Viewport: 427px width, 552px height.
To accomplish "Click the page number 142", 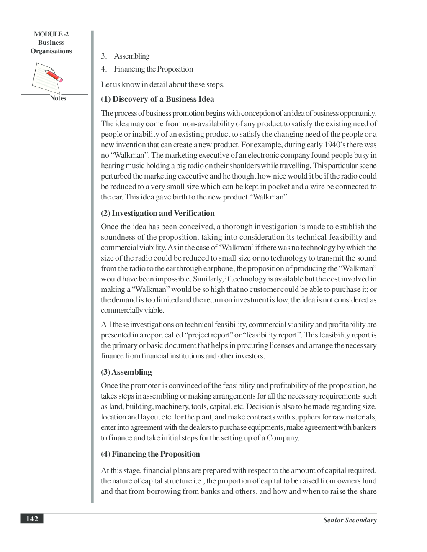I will click(32, 519).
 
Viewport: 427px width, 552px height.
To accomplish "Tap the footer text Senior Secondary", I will click(350, 520).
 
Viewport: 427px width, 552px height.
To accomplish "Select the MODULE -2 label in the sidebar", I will click(51, 34).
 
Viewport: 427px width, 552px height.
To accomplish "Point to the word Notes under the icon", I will click(58, 98).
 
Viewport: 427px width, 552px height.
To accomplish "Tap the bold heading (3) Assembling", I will click(126, 372).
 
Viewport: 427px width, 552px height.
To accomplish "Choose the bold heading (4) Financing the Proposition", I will click(150, 454).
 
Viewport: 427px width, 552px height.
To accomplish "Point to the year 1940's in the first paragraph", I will click(334, 145).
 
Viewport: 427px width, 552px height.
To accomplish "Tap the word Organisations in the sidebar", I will click(51, 51).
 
